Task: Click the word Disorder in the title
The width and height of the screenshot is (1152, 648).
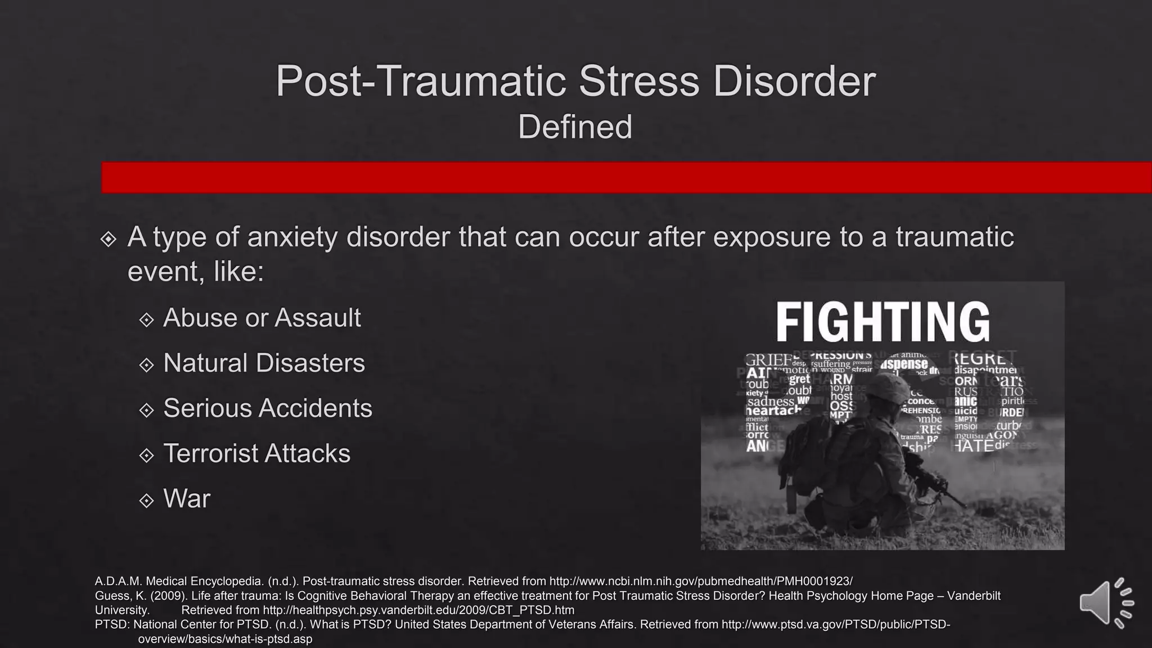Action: point(794,82)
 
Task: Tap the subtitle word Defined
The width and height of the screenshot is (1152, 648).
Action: point(575,127)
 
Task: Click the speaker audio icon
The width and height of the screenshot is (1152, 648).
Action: point(1105,603)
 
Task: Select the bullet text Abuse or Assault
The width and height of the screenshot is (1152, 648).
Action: point(262,318)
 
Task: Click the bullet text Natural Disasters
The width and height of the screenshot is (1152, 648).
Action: point(264,363)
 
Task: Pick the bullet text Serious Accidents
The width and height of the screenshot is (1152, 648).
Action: point(268,408)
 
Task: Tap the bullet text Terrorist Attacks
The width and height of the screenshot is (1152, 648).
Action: point(256,453)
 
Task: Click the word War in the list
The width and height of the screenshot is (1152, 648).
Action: point(187,499)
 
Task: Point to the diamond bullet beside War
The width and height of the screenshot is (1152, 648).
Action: point(146,500)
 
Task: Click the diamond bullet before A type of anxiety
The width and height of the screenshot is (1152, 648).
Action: point(108,239)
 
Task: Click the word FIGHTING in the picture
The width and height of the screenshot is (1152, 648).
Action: point(883,321)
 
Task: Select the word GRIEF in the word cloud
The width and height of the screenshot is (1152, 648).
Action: point(767,360)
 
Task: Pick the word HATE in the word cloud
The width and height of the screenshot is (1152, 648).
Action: point(971,445)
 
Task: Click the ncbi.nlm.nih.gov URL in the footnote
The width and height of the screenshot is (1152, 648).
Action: point(700,581)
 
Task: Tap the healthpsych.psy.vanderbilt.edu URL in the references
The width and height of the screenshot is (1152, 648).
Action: point(418,610)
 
